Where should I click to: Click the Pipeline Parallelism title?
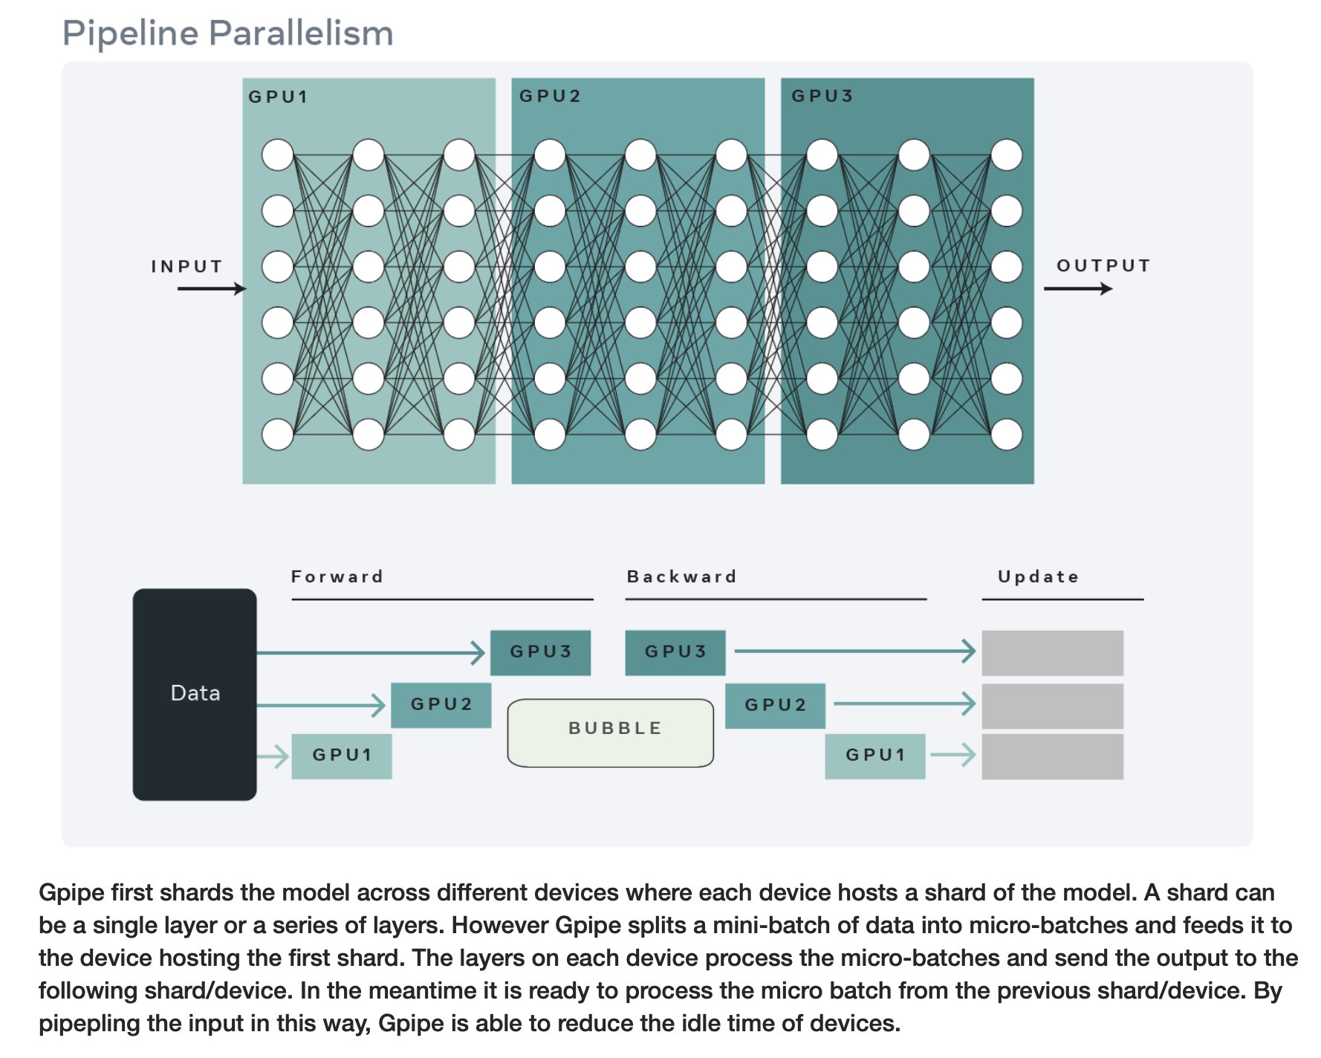pos(227,33)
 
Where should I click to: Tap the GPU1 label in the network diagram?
pos(278,97)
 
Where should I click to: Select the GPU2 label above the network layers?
pos(550,96)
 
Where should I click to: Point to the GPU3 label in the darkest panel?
pos(822,96)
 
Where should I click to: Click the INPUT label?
pos(186,266)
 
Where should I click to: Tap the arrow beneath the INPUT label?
pos(212,288)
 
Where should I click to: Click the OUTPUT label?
pos(1103,265)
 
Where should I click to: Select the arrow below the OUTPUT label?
pos(1078,288)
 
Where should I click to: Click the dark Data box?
pos(195,694)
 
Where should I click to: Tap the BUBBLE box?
pos(611,733)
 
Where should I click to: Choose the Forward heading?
pos(337,577)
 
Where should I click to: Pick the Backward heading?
pos(682,577)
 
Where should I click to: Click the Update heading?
pos(1038,577)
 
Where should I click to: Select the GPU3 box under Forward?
pos(540,652)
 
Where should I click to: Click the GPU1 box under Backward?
pos(875,756)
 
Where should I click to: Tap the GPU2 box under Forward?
pos(441,704)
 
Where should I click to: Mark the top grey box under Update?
pos(1053,652)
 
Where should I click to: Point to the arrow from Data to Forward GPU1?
pos(273,756)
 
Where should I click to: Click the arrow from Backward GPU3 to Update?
pos(855,651)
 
